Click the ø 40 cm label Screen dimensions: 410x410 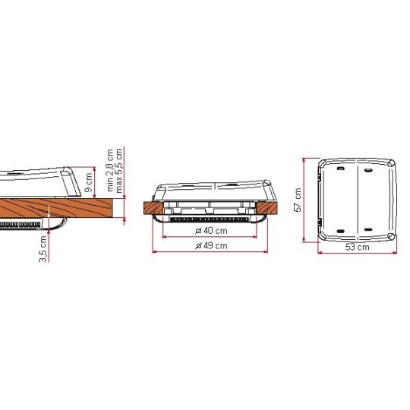point(211,231)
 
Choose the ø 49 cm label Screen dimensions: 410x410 point(211,246)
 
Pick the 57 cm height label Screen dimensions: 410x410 point(297,200)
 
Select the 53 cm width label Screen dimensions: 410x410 point(357,247)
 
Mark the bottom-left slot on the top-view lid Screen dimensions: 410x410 point(339,229)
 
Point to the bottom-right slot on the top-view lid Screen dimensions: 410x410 point(368,229)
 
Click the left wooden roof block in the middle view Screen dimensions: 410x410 point(152,207)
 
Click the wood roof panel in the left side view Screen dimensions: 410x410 point(46,207)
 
